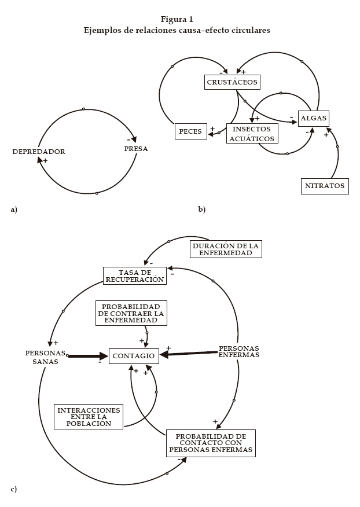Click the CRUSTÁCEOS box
[x=232, y=82]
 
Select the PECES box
[x=190, y=132]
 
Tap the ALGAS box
[x=313, y=118]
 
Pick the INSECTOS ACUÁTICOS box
[x=251, y=134]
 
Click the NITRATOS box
[x=325, y=186]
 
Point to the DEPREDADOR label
[x=39, y=152]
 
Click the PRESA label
[x=136, y=149]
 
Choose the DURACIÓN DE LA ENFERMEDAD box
[x=226, y=249]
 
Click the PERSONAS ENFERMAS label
[x=238, y=351]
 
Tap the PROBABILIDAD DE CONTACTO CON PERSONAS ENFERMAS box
[x=211, y=443]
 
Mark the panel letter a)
[x=14, y=209]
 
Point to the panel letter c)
[x=13, y=490]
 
